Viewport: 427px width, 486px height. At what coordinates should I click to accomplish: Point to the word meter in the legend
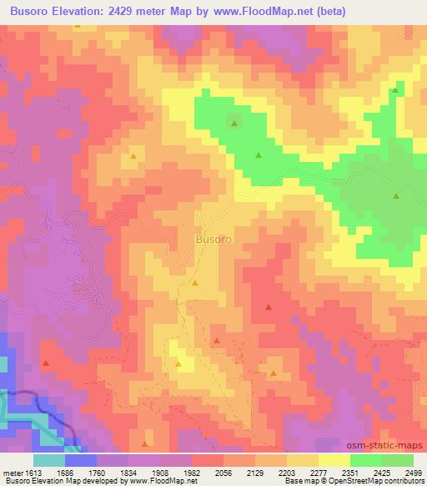point(12,472)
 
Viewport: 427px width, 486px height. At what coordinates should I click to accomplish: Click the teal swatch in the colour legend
point(50,460)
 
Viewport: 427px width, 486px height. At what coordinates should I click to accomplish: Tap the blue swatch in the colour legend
point(81,460)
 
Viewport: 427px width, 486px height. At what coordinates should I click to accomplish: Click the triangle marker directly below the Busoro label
point(195,283)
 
